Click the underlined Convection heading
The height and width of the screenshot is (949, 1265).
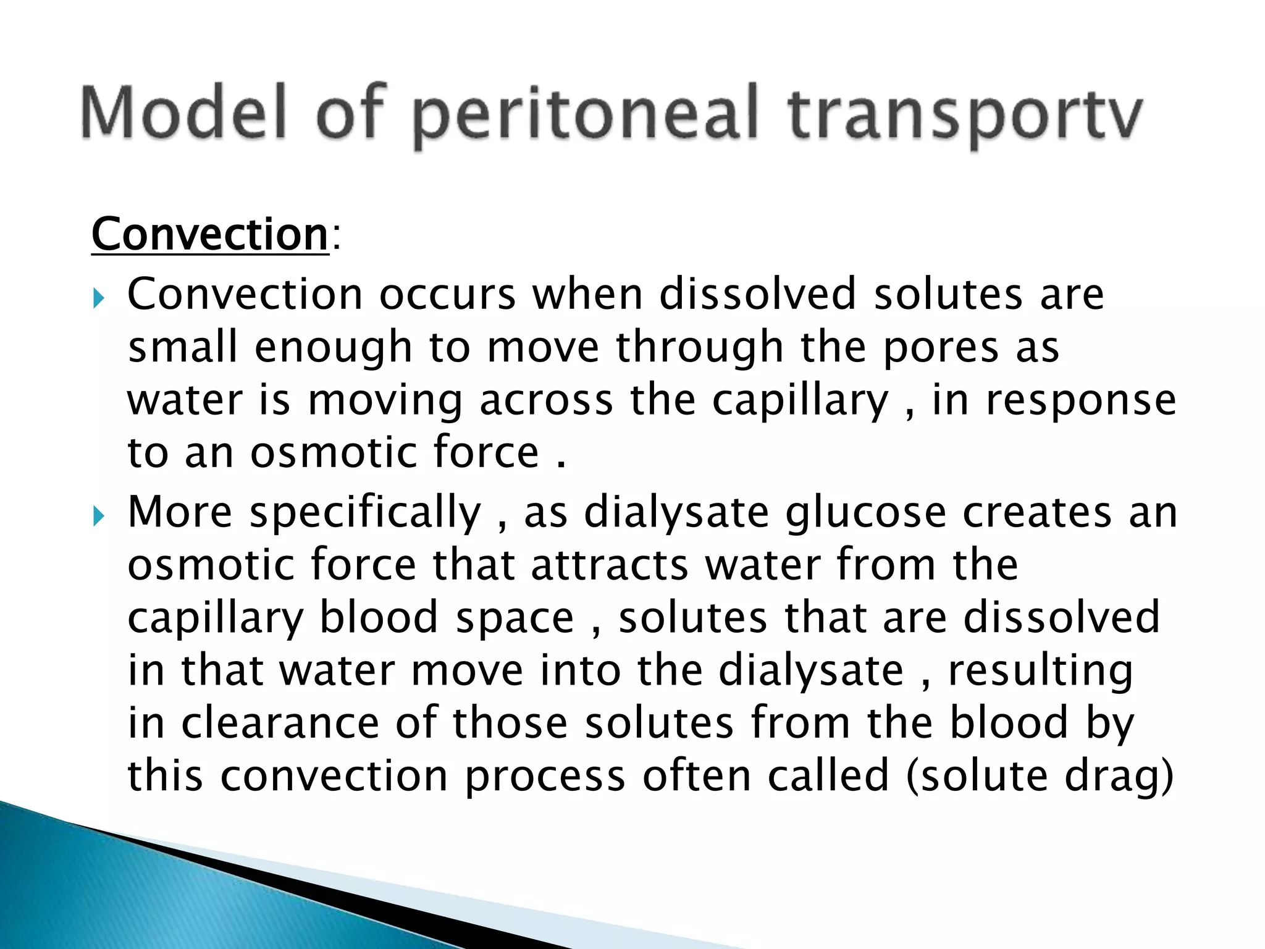(x=210, y=235)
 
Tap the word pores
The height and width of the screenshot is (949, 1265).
(x=940, y=347)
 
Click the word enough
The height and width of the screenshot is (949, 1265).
(x=332, y=348)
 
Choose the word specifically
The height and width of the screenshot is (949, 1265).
(x=365, y=514)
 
